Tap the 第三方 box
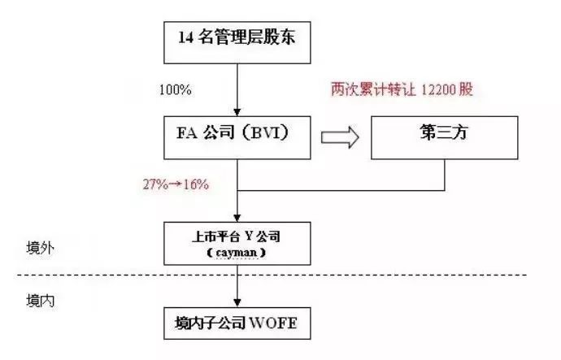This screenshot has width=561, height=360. click(446, 137)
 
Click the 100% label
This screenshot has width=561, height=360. click(176, 89)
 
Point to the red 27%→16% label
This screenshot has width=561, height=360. click(176, 184)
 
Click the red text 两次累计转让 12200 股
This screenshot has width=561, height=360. click(402, 89)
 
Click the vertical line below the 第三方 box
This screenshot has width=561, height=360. click(446, 175)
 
